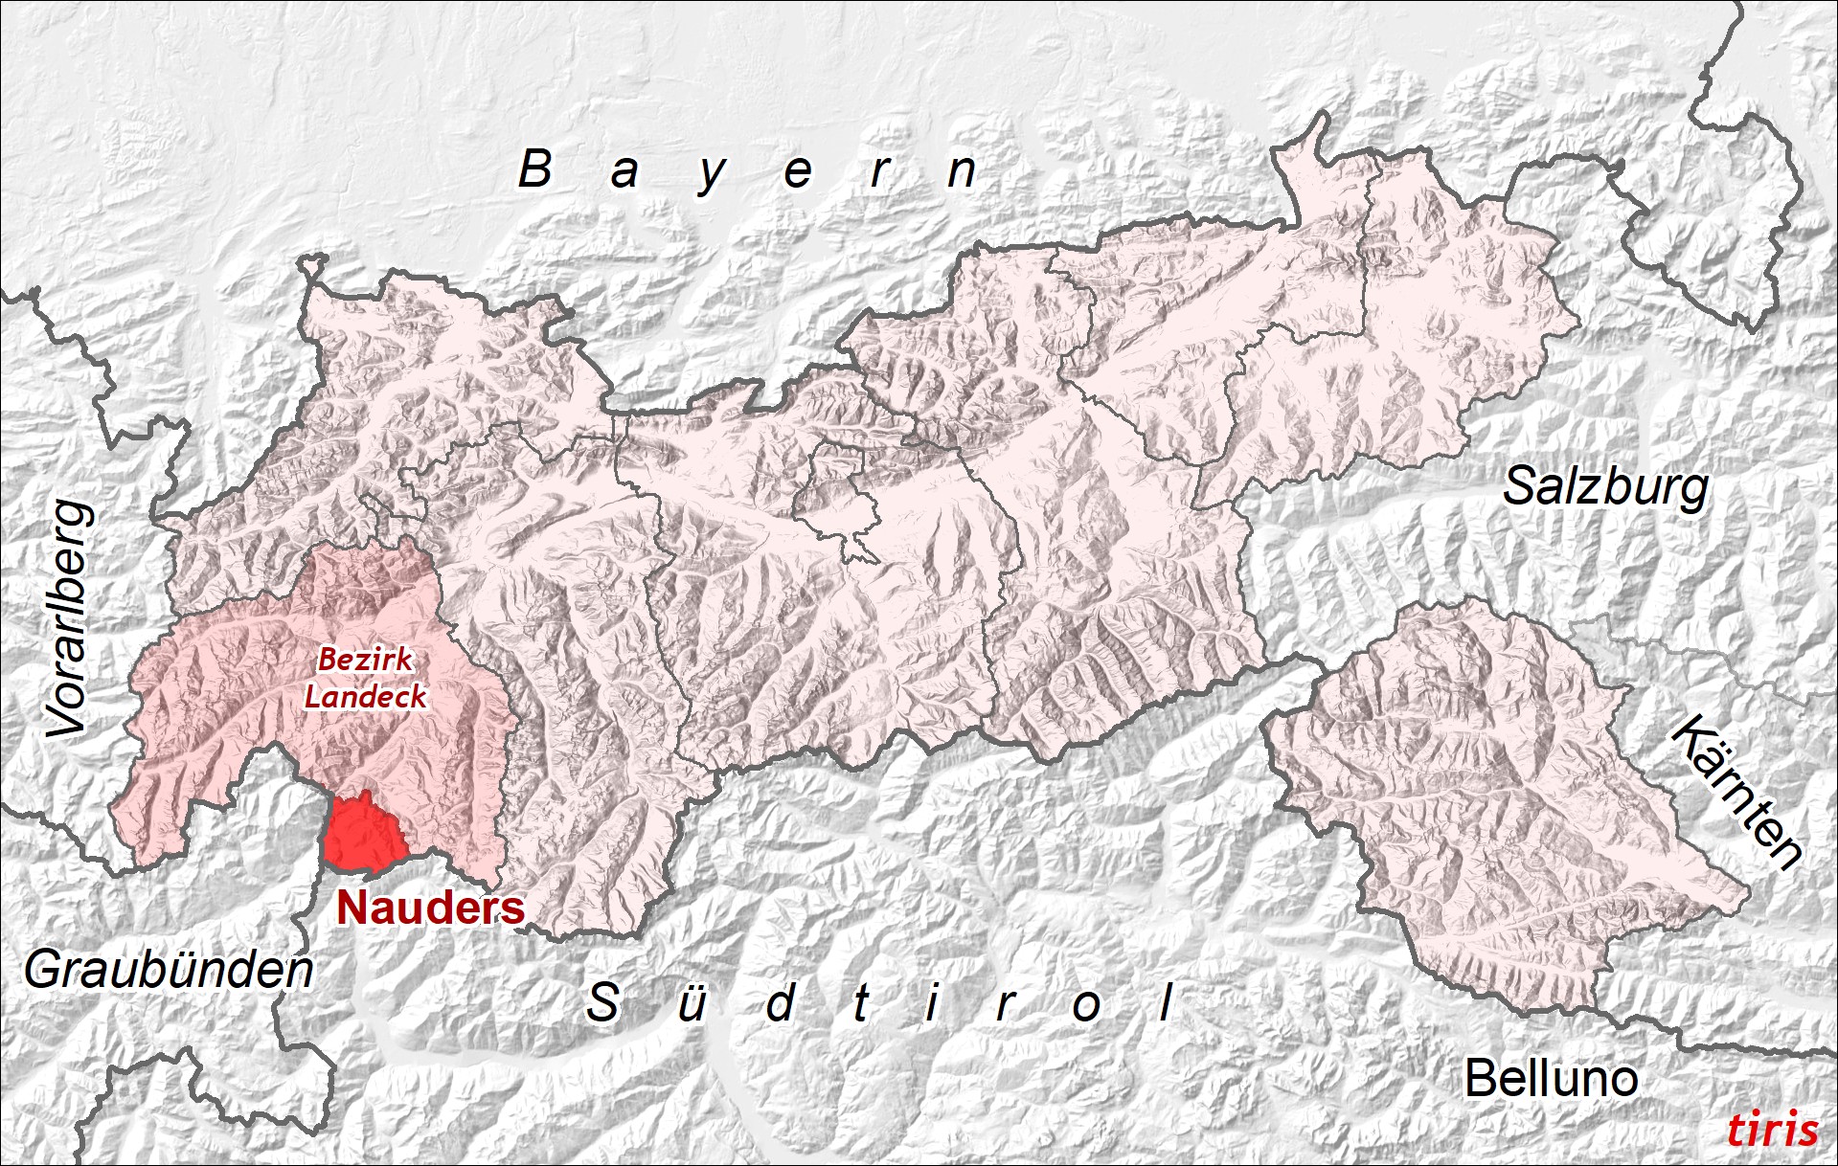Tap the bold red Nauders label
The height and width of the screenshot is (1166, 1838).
pos(430,908)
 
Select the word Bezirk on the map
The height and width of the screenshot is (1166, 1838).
pos(365,660)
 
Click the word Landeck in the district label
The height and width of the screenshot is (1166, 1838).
pos(365,696)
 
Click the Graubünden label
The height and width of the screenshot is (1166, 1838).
pos(169,971)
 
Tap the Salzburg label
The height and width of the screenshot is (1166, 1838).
pos(1605,487)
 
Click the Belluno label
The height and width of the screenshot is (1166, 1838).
pos(1551,1079)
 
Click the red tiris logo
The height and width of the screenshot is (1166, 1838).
pos(1772,1131)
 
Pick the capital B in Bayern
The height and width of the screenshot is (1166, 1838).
pos(535,169)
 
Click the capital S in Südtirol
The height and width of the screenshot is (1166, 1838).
pos(602,1003)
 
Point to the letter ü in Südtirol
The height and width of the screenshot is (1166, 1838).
pos(692,1004)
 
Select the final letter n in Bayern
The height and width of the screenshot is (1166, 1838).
pos(962,173)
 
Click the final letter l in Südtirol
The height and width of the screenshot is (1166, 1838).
pos(1167,1003)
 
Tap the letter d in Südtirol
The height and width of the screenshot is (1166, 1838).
pos(781,1003)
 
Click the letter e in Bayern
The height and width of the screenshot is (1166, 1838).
pos(798,173)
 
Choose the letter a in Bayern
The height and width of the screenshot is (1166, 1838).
pos(624,173)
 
